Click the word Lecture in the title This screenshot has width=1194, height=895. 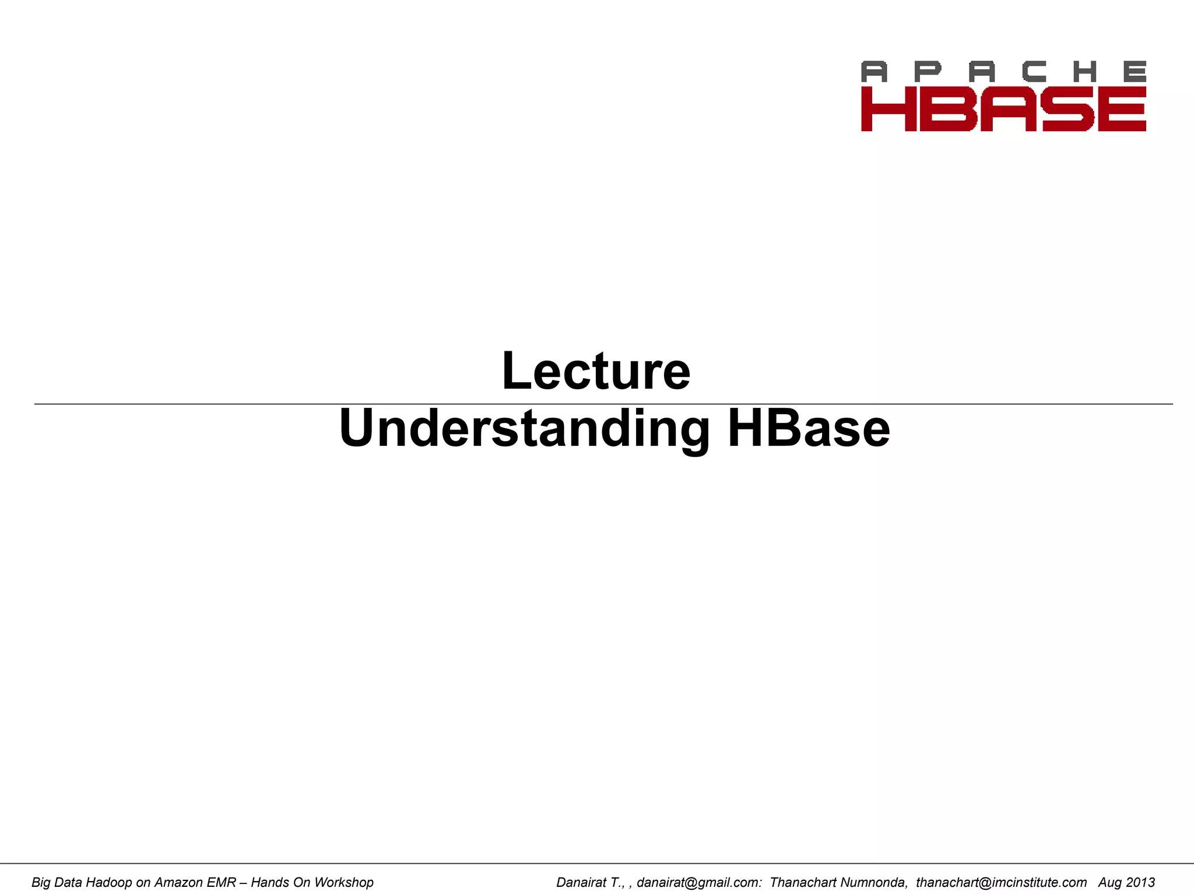click(x=596, y=371)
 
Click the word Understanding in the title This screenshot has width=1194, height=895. click(x=524, y=429)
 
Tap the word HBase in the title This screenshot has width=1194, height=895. click(x=809, y=429)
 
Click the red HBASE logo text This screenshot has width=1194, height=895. click(x=1003, y=109)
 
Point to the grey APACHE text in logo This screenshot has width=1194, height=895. click(x=1003, y=72)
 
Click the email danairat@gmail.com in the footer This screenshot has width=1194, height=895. click(x=698, y=882)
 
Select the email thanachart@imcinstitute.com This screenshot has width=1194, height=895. click(x=1001, y=882)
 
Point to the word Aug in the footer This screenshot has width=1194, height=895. click(x=1109, y=882)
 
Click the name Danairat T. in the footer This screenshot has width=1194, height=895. click(x=589, y=882)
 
